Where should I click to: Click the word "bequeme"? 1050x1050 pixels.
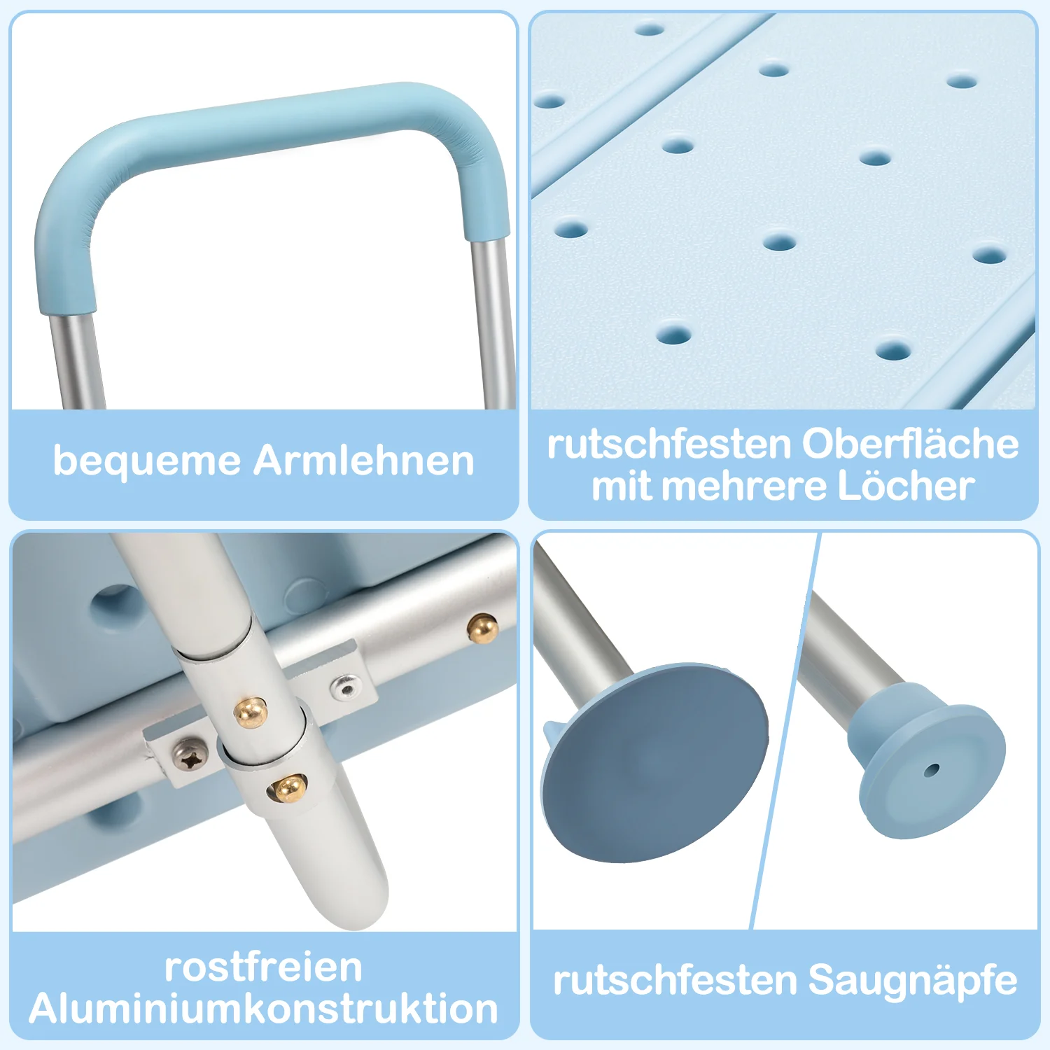coord(146,462)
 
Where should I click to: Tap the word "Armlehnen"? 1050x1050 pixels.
coord(364,461)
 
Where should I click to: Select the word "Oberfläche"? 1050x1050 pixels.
coord(910,444)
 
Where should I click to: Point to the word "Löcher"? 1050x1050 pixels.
coord(906,486)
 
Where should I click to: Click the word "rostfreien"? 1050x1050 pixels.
coord(264,967)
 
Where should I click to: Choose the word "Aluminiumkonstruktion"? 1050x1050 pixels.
coord(264,1009)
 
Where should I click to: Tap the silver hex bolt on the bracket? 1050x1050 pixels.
coord(345,688)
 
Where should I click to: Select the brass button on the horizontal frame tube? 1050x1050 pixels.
coord(483,629)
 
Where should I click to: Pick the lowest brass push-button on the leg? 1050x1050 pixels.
coord(288,788)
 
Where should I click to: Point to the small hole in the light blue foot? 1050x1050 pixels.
coord(931,771)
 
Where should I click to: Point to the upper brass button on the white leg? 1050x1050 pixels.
coord(251,713)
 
